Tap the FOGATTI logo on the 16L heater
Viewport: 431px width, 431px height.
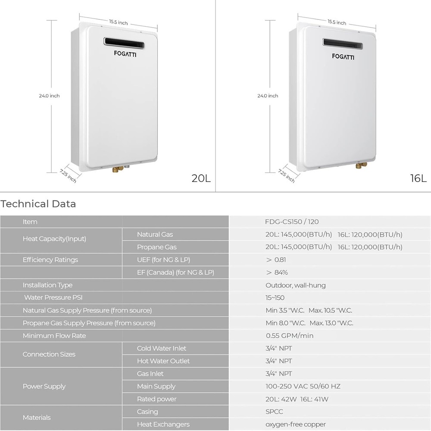click(x=343, y=56)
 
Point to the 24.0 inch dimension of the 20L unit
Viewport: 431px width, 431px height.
click(x=50, y=96)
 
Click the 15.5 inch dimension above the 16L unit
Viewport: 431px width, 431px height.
click(x=337, y=22)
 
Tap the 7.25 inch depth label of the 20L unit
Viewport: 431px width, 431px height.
click(x=68, y=176)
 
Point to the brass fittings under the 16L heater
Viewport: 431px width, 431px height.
click(x=359, y=166)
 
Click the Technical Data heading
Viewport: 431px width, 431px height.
click(x=38, y=204)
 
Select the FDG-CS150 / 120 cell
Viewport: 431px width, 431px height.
click(x=292, y=222)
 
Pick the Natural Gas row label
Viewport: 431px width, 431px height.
click(x=155, y=234)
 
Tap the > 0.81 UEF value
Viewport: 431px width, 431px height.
click(x=276, y=260)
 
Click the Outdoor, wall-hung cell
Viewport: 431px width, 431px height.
click(x=296, y=285)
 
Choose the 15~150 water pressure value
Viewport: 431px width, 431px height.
click(x=275, y=298)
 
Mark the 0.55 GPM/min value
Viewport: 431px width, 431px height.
click(x=290, y=336)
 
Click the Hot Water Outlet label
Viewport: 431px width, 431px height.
click(x=163, y=361)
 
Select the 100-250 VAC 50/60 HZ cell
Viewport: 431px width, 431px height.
click(x=303, y=387)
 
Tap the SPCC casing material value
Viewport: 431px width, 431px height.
click(x=275, y=412)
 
